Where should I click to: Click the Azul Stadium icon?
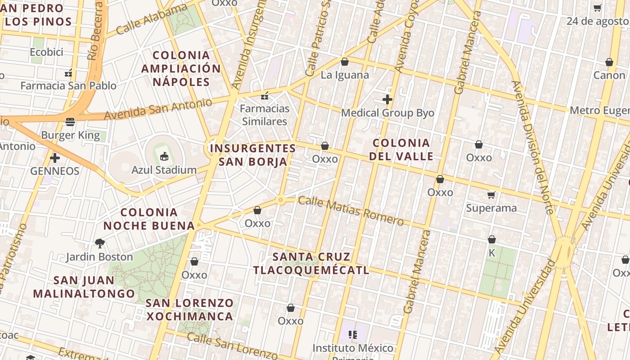click(x=164, y=157)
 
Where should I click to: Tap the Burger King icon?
click(x=70, y=121)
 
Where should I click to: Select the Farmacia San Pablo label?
click(x=68, y=85)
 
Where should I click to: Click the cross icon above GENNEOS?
click(x=55, y=158)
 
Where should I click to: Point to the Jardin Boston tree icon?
click(x=100, y=243)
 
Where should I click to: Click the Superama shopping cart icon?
click(x=491, y=195)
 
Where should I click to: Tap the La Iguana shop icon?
click(x=345, y=62)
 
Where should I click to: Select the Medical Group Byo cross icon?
click(x=387, y=99)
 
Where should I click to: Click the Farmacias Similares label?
click(x=265, y=115)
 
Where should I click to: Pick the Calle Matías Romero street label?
click(x=351, y=210)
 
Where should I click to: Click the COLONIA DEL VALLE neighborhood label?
click(x=402, y=150)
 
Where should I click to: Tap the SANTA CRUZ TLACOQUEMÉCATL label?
click(x=311, y=263)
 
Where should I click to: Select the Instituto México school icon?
click(x=353, y=335)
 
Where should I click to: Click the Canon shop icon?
click(x=609, y=62)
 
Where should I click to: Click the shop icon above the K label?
click(x=492, y=239)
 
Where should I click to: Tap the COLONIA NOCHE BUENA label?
click(x=149, y=219)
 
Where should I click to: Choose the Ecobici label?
click(x=46, y=52)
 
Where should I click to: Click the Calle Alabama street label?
click(x=151, y=20)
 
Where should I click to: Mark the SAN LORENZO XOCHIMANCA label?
click(x=189, y=309)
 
